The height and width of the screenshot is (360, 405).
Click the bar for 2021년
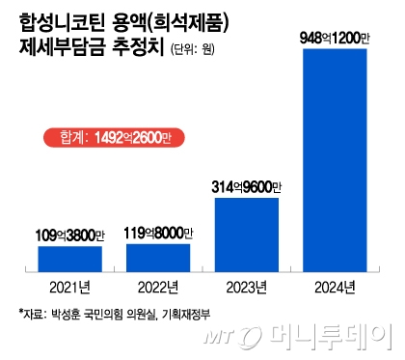click(70, 259)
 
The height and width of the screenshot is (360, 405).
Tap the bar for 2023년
click(247, 235)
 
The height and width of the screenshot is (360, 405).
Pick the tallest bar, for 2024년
click(335, 159)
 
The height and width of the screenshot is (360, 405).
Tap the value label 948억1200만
click(335, 38)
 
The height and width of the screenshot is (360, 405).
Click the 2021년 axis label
click(70, 287)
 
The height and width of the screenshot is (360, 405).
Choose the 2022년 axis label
click(158, 287)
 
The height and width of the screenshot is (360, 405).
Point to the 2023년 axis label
click(247, 287)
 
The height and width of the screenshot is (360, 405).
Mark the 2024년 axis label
click(335, 287)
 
